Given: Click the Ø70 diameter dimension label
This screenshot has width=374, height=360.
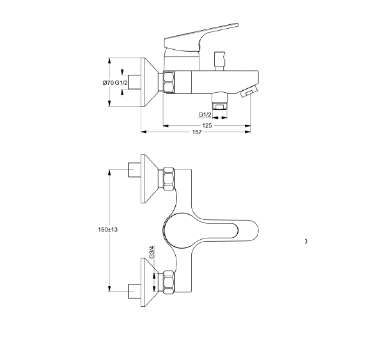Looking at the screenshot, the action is tap(108, 83).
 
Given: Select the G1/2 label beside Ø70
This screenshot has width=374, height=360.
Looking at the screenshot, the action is tap(121, 83).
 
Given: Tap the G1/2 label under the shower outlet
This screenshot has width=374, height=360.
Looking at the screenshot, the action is tap(205, 114).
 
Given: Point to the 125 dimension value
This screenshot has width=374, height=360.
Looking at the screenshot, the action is tap(207, 125).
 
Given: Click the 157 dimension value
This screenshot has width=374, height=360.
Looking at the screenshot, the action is tap(197, 132).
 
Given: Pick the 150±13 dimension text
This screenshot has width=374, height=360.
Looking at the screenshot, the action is tap(108, 230).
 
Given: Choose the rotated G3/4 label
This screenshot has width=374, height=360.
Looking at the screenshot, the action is tap(152, 252).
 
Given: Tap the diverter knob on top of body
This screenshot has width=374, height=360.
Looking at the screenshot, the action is tap(219, 61).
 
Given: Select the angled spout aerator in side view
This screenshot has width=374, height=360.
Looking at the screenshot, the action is tap(249, 91).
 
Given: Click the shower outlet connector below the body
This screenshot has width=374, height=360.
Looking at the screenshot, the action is tap(220, 100).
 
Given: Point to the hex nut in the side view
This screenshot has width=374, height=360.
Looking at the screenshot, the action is tap(169, 82).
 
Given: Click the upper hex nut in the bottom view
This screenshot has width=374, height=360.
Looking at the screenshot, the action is tap(169, 178).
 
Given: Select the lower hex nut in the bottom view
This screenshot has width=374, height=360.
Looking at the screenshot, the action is tap(169, 282).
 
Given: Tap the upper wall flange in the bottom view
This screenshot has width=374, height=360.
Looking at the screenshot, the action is tap(150, 178).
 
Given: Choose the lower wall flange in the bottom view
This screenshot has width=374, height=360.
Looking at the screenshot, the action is tap(150, 282).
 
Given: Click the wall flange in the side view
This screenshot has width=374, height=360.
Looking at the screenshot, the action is tap(150, 82).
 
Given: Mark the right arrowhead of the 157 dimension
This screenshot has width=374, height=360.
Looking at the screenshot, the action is tap(248, 132).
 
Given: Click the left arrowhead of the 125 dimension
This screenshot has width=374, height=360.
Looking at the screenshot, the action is tap(166, 126).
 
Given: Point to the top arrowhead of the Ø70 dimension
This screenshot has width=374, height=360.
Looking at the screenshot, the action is tap(109, 61).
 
